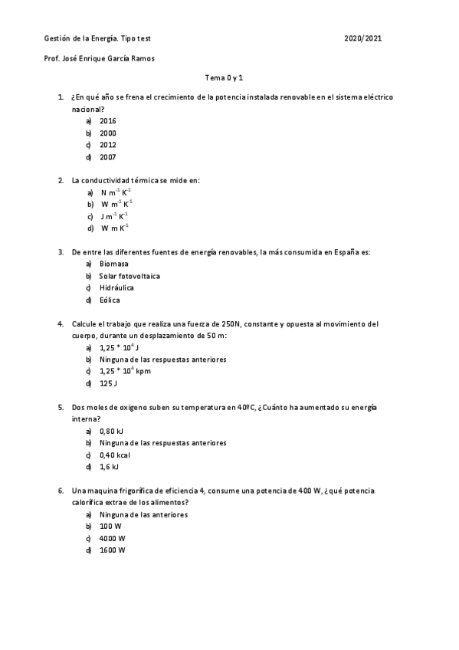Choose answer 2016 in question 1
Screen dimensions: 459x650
pyautogui.click(x=108, y=121)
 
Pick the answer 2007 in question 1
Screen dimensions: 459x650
pyautogui.click(x=108, y=157)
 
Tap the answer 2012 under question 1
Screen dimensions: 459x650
pyautogui.click(x=108, y=145)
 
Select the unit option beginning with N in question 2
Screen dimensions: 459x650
pyautogui.click(x=115, y=192)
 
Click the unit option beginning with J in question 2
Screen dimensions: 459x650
pyautogui.click(x=114, y=216)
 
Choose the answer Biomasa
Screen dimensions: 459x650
pyautogui.click(x=114, y=264)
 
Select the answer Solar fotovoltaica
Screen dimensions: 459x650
pyautogui.click(x=130, y=276)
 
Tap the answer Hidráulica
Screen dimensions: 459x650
pyautogui.click(x=116, y=288)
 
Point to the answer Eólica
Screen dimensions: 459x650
pyautogui.click(x=110, y=300)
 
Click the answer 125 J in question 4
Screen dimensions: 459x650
pyautogui.click(x=108, y=383)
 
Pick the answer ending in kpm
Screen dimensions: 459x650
pyautogui.click(x=125, y=371)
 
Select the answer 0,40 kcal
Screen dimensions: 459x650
pyautogui.click(x=115, y=455)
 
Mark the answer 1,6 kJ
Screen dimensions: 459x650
pyautogui.click(x=110, y=467)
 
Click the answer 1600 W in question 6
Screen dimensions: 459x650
pyautogui.click(x=112, y=550)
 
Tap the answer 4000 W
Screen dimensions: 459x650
pyautogui.click(x=112, y=538)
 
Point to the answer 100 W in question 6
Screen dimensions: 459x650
pyautogui.click(x=110, y=527)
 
